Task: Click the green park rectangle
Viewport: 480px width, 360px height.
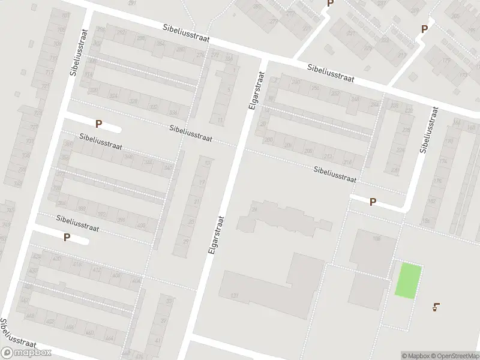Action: (x=408, y=280)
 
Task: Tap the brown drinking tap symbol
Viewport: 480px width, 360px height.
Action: (x=436, y=308)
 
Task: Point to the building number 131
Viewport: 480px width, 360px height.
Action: (x=234, y=296)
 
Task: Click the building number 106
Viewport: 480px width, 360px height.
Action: (x=376, y=239)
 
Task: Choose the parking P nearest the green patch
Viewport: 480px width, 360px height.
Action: (x=373, y=202)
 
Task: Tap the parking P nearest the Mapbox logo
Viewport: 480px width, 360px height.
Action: (x=67, y=237)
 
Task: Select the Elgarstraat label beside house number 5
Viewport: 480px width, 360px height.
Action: (x=256, y=90)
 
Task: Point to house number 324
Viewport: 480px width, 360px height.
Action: (x=113, y=95)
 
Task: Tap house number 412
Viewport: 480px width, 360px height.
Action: (x=95, y=271)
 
